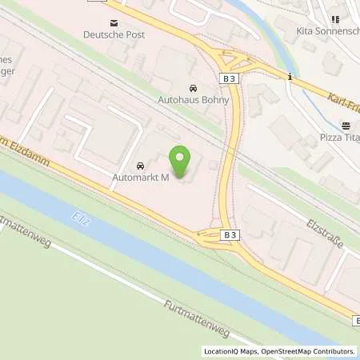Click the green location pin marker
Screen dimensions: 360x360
(x=182, y=162)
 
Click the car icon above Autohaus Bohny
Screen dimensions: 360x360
(x=192, y=88)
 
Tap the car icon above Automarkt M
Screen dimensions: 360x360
(x=140, y=166)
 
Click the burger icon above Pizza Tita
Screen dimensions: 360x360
(x=346, y=126)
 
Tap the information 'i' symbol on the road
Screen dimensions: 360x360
(x=290, y=78)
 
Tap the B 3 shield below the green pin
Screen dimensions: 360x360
(x=230, y=234)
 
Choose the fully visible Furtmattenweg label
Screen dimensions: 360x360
(x=197, y=313)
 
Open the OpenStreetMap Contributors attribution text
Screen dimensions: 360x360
(x=307, y=351)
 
